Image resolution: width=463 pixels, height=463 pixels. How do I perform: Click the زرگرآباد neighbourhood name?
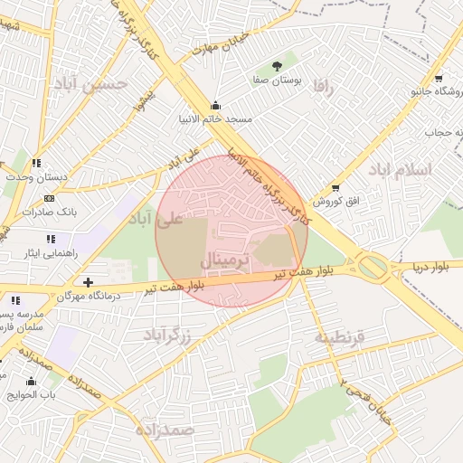(168, 335)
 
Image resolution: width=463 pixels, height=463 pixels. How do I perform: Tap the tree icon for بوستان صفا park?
(278, 66)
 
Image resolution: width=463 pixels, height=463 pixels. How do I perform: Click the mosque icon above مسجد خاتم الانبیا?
(214, 104)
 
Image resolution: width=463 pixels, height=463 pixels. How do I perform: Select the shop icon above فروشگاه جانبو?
(439, 78)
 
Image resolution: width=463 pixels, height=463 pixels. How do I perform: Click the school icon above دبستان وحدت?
(36, 163)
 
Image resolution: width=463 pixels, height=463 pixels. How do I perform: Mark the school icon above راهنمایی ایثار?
(51, 239)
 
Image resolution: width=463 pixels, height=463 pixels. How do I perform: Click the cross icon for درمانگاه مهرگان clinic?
(88, 282)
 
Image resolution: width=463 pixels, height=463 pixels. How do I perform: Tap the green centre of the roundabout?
(372, 266)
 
